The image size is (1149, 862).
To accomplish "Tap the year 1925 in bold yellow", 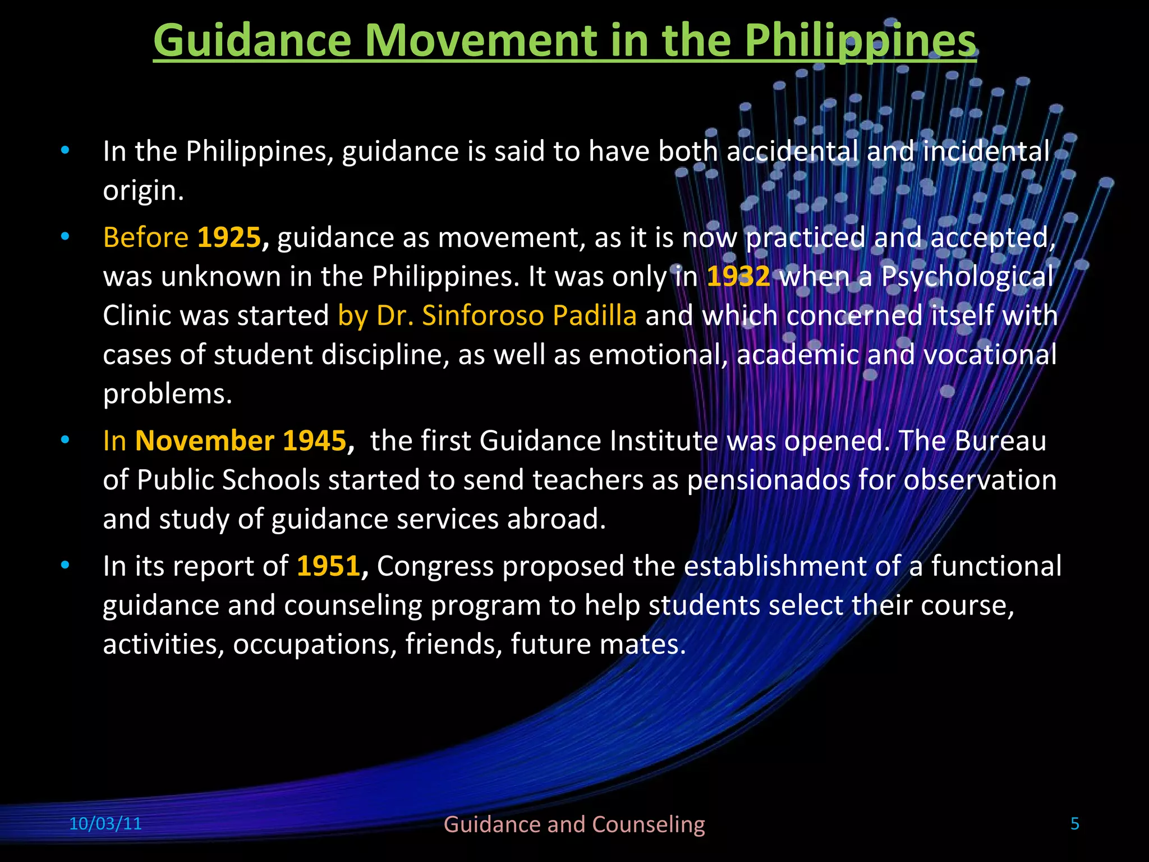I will point(229,237).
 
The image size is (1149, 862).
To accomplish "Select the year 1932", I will point(738,277).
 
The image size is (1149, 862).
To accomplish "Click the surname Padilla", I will point(594,315).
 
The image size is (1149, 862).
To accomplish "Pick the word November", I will point(205,441).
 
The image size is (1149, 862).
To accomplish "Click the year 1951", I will point(328,566).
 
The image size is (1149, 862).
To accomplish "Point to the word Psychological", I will point(967,277).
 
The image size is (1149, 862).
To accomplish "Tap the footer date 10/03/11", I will point(105,824).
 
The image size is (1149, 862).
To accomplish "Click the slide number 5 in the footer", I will point(1075,824).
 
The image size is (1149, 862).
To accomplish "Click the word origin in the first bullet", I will point(143,191).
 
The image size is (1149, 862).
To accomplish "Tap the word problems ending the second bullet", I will point(167,394).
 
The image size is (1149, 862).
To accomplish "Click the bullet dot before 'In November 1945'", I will point(66,440).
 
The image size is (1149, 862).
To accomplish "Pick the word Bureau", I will point(1000,441).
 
